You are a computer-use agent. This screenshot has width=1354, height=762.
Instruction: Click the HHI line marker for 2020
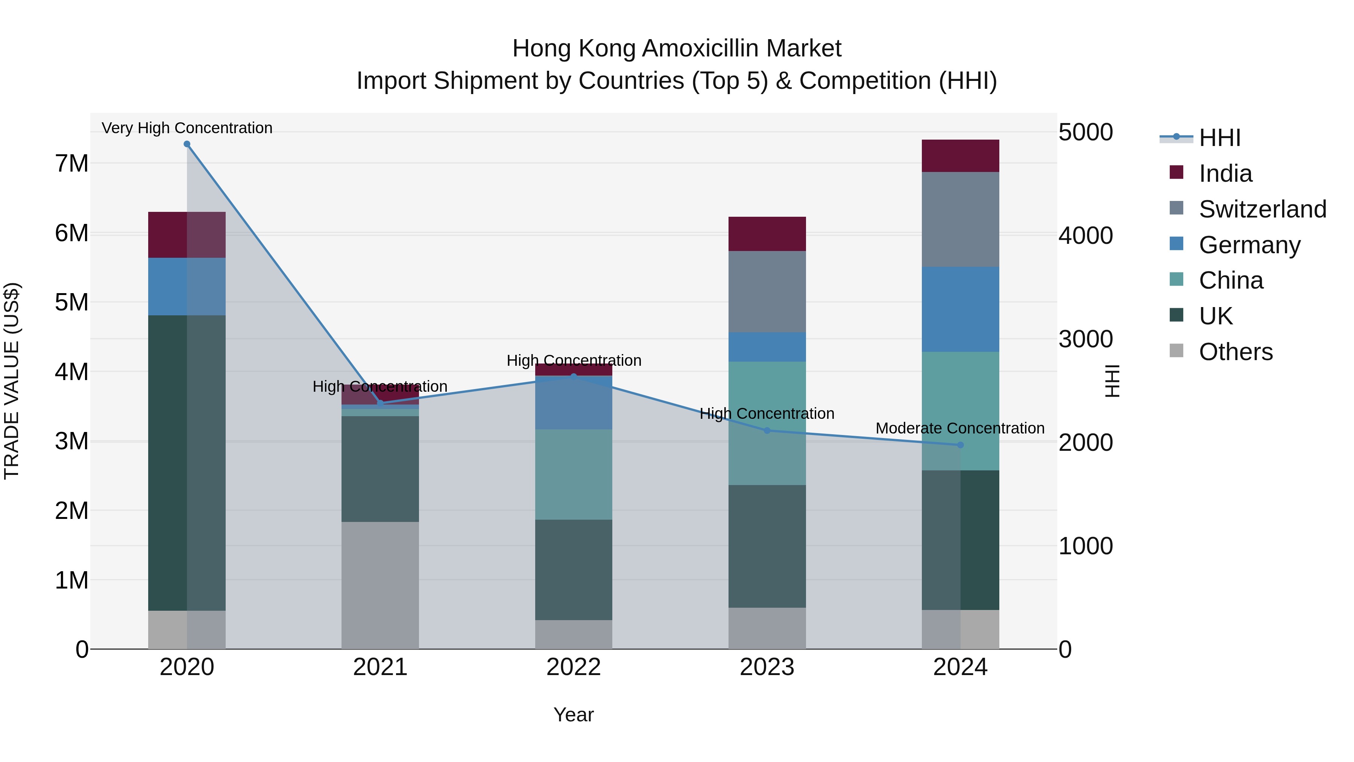pyautogui.click(x=187, y=144)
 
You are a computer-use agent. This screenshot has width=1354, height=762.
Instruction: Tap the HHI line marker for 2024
pyautogui.click(x=960, y=445)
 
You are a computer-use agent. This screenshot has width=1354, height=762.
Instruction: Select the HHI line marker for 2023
pyautogui.click(x=767, y=431)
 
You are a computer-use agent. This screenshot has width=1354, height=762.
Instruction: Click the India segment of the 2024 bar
pyautogui.click(x=960, y=156)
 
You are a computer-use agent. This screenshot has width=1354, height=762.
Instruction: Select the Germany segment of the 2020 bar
pyautogui.click(x=187, y=287)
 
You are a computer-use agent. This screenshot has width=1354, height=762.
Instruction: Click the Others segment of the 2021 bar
pyautogui.click(x=380, y=585)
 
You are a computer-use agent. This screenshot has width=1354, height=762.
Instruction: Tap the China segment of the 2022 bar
pyautogui.click(x=574, y=475)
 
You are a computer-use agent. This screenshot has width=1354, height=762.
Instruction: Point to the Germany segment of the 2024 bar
pyautogui.click(x=960, y=309)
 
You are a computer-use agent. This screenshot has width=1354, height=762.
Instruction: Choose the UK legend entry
pyautogui.click(x=1215, y=316)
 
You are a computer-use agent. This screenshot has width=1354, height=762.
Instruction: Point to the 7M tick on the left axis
pyautogui.click(x=71, y=164)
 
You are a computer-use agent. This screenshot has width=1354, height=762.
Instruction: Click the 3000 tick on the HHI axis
pyautogui.click(x=1085, y=339)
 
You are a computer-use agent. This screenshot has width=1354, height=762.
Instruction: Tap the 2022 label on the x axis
pyautogui.click(x=574, y=667)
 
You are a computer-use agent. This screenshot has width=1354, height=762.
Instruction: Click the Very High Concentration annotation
pyautogui.click(x=187, y=128)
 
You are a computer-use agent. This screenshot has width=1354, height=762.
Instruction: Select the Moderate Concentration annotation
pyautogui.click(x=960, y=428)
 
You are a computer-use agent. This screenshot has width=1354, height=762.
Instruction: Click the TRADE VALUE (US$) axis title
pyautogui.click(x=12, y=381)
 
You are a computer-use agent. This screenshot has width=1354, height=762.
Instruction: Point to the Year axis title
pyautogui.click(x=574, y=715)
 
